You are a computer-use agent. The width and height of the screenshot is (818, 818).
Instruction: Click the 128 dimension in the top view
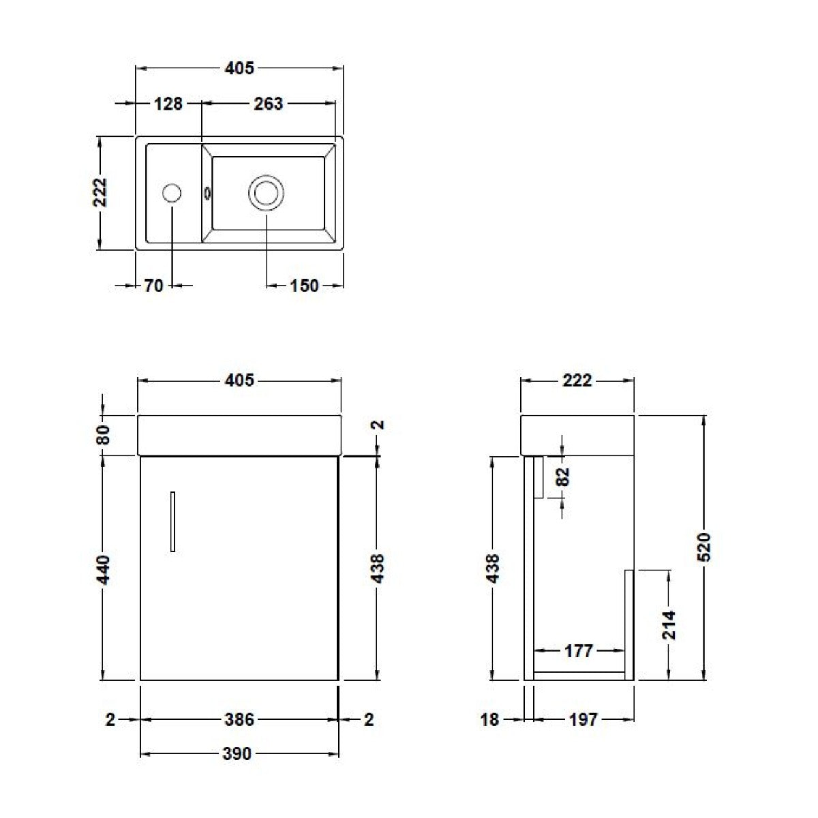(168, 104)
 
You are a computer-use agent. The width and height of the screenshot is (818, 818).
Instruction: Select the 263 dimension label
(269, 104)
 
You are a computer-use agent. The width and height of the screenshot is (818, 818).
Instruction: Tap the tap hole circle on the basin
(172, 193)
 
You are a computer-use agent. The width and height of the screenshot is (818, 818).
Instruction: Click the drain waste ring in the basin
(266, 193)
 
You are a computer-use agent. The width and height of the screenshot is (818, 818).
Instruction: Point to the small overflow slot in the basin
(207, 194)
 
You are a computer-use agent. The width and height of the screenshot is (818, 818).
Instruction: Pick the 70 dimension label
(153, 286)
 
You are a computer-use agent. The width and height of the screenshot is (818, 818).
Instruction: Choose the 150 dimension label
(304, 286)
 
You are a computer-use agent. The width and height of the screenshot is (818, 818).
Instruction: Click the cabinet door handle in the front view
(172, 521)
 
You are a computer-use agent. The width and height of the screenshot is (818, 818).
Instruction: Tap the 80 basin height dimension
(104, 435)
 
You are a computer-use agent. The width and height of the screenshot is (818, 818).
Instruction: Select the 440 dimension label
(104, 570)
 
